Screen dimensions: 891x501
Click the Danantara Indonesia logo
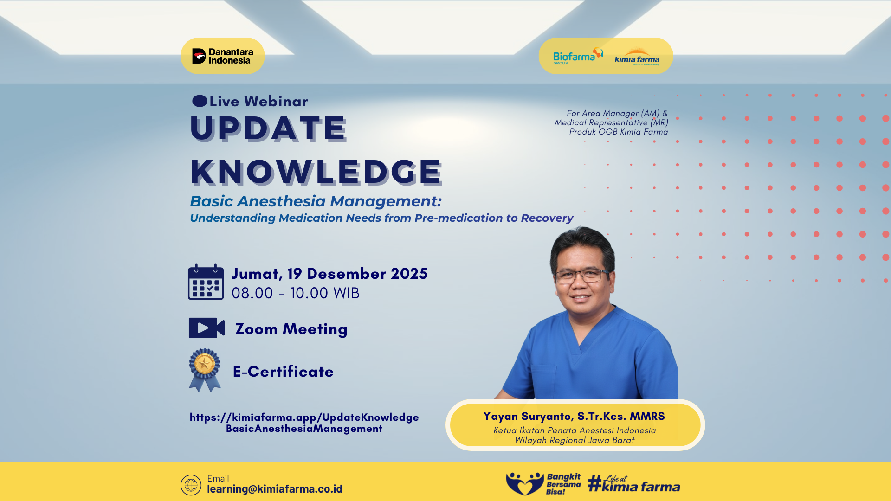223,56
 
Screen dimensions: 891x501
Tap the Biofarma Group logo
578,56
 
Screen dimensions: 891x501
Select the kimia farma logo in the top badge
637,57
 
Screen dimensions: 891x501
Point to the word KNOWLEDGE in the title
316,172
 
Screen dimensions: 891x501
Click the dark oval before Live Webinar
200,101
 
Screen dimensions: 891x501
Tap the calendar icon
206,282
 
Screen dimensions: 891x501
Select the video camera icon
207,328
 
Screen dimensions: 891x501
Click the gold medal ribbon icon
205,370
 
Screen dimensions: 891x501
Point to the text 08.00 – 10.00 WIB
296,293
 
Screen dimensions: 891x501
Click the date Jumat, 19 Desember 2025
329,274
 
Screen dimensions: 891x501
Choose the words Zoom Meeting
291,329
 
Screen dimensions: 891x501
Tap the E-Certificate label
283,372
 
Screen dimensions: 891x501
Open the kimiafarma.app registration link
304,423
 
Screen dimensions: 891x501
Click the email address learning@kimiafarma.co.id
275,489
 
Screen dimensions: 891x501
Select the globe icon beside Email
191,485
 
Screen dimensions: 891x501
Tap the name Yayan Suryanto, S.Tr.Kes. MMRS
574,417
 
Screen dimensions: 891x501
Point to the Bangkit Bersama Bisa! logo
543,484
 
